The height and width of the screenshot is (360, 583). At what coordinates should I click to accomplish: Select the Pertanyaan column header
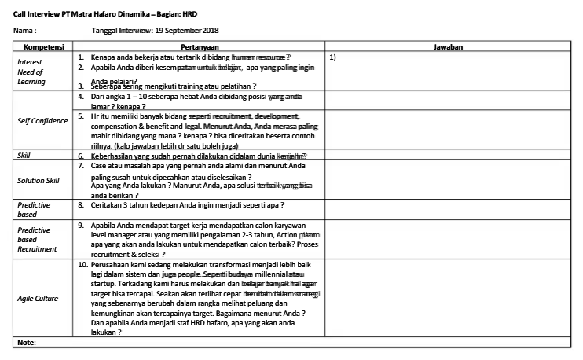coord(200,47)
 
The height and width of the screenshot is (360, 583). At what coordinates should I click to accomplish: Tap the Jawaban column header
coord(448,47)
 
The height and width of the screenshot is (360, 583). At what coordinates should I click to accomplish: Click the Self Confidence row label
coord(42,121)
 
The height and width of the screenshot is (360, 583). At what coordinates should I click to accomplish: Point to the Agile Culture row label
coord(38,299)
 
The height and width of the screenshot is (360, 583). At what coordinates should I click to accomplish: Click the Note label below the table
coord(26,343)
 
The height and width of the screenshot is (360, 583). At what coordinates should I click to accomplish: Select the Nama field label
coord(24,30)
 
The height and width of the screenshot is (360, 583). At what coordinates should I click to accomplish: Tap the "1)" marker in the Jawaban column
coord(333,57)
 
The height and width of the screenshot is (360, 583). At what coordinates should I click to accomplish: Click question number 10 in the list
coord(82,265)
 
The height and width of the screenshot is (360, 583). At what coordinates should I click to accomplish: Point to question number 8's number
coord(81,205)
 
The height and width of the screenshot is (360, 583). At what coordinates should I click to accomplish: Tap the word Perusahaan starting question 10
coord(114,265)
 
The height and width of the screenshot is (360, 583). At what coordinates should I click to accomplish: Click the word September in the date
coord(182,30)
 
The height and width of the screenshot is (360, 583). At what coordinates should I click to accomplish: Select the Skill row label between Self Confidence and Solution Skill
coord(24,156)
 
